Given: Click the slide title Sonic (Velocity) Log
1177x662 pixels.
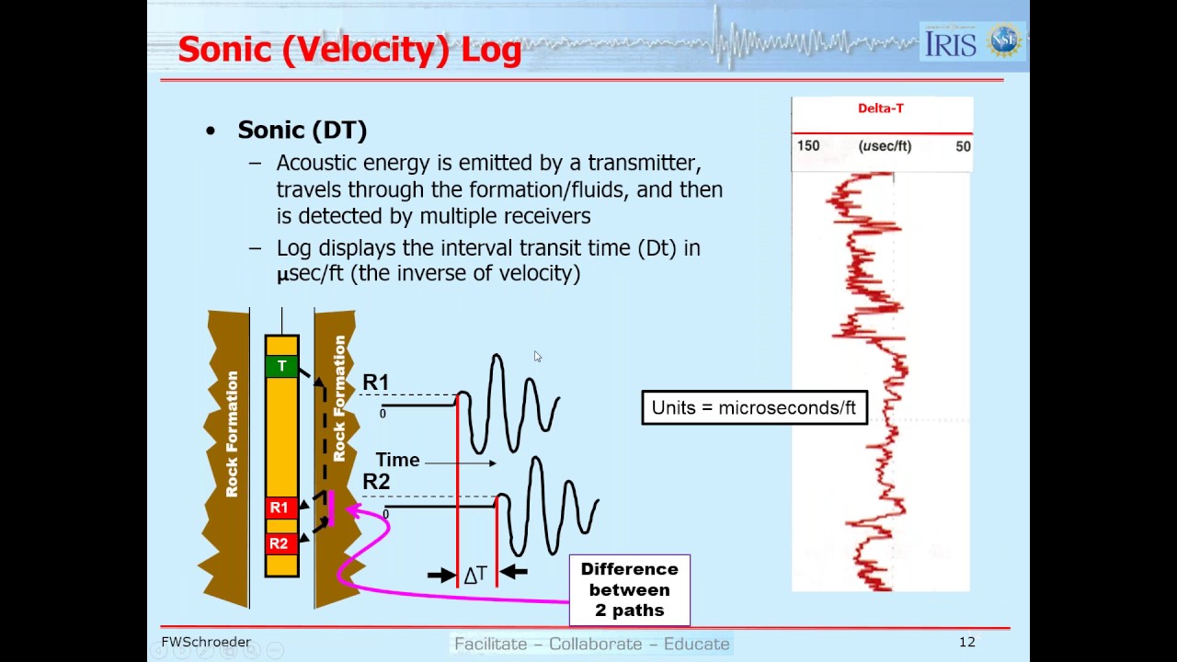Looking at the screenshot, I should (349, 49).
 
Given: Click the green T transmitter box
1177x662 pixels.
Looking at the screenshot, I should (281, 366).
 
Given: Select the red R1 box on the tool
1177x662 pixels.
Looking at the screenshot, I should (279, 508).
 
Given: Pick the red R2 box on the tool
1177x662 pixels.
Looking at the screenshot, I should (279, 543).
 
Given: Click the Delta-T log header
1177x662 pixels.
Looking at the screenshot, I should (880, 108).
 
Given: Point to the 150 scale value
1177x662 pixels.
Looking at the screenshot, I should (808, 146).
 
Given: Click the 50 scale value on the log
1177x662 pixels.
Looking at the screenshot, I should (963, 146).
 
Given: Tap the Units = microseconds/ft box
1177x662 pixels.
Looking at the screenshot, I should (753, 407).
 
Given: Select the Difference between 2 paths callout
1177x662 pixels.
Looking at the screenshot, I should (629, 589).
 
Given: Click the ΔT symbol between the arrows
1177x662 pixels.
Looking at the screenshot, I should (475, 576).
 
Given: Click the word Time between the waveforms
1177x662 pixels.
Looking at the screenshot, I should (397, 460).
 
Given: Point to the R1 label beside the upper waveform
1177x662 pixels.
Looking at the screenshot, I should (375, 382).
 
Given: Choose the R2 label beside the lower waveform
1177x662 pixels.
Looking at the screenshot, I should (375, 482).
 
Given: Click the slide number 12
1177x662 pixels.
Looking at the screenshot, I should (966, 642).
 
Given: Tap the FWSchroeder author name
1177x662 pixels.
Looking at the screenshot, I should (206, 642).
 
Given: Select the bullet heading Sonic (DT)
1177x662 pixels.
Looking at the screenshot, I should (302, 131).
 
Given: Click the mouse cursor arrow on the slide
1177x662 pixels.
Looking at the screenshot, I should (537, 356).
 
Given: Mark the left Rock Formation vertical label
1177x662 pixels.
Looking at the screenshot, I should (232, 434).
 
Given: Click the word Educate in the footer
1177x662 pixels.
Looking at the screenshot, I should (696, 644).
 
